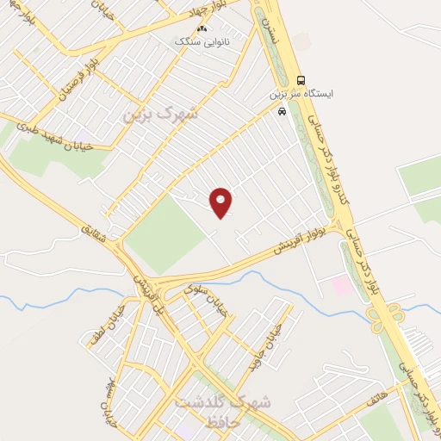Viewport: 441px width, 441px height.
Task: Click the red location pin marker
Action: click(221, 202)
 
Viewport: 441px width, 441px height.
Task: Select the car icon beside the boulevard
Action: click(282, 111)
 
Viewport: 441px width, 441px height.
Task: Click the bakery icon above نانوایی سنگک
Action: click(202, 28)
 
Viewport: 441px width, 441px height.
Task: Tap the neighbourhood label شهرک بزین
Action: click(160, 113)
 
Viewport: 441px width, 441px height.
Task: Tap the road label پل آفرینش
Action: click(148, 290)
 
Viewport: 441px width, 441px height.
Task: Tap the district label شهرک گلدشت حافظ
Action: click(222, 412)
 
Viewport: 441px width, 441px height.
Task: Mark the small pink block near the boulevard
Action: click(342, 286)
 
